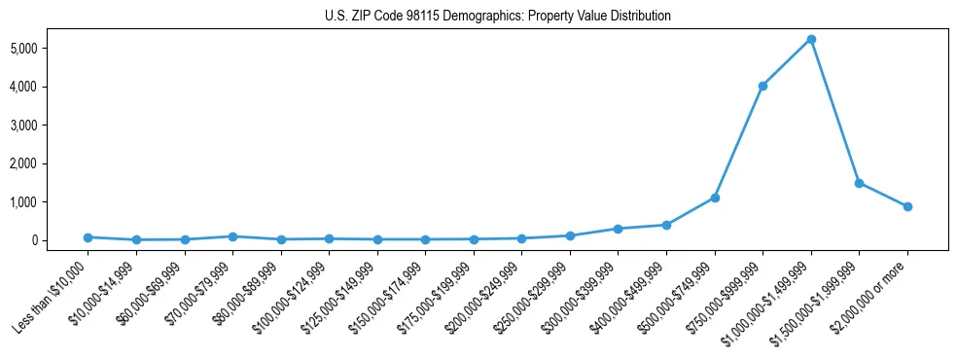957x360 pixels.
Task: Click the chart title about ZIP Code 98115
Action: pos(498,17)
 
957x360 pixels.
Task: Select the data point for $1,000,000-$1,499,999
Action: pos(811,39)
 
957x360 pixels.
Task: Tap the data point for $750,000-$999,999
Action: pos(762,86)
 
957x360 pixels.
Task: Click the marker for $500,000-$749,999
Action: pos(715,198)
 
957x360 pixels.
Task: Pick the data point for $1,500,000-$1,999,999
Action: pos(859,183)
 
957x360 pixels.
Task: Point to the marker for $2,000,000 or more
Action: pos(907,206)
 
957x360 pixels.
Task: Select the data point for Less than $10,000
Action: pos(88,237)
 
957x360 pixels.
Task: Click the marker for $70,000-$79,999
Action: pos(232,236)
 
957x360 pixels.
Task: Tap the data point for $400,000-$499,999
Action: pos(666,225)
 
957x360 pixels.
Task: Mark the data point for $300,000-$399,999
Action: pos(618,229)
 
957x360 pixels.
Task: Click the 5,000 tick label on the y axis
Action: pos(50,49)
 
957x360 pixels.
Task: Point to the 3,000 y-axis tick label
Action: pos(50,126)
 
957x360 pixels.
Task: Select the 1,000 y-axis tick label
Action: pos(50,202)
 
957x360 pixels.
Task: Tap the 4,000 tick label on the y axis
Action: pos(50,87)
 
